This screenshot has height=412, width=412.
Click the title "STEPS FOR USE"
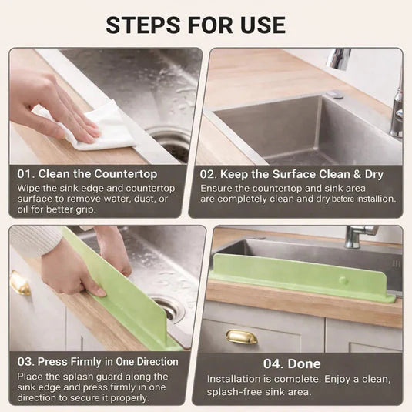click(206, 24)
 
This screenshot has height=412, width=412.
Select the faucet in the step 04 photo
click(359, 235)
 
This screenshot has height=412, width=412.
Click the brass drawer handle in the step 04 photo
click(241, 337)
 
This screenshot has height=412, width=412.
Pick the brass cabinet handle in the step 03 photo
click(20, 283)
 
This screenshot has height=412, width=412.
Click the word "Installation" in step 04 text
click(233, 380)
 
